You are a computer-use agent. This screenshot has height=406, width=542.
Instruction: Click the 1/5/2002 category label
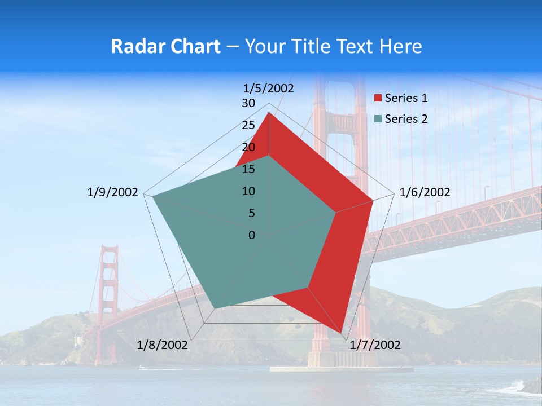point(269,88)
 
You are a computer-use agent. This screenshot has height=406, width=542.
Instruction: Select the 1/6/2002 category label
point(425,192)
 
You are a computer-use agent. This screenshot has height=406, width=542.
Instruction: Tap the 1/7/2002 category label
point(375,345)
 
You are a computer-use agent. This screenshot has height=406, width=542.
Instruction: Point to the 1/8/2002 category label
point(163,345)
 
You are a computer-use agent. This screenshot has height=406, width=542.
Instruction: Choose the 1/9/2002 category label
point(113,192)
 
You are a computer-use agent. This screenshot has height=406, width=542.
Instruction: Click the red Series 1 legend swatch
point(378,99)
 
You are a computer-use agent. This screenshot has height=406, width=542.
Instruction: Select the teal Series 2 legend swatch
point(378,119)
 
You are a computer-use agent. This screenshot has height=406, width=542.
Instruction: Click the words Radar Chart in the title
point(165,46)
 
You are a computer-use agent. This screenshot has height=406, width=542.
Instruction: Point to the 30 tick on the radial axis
point(248,103)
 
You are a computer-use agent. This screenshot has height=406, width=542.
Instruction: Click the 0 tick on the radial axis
point(252,235)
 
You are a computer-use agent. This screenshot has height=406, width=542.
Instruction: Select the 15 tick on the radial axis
point(248,169)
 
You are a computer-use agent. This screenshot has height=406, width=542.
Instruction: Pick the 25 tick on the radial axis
point(248,125)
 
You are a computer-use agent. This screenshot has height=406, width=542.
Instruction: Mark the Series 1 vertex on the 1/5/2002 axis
point(269,113)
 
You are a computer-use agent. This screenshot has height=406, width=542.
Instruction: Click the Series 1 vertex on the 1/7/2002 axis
point(342,333)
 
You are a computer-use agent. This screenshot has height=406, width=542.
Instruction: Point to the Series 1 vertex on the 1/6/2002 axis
point(373,200)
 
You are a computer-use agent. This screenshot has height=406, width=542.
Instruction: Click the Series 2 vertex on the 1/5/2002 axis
point(269,156)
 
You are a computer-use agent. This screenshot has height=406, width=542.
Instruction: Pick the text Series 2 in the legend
point(406,119)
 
